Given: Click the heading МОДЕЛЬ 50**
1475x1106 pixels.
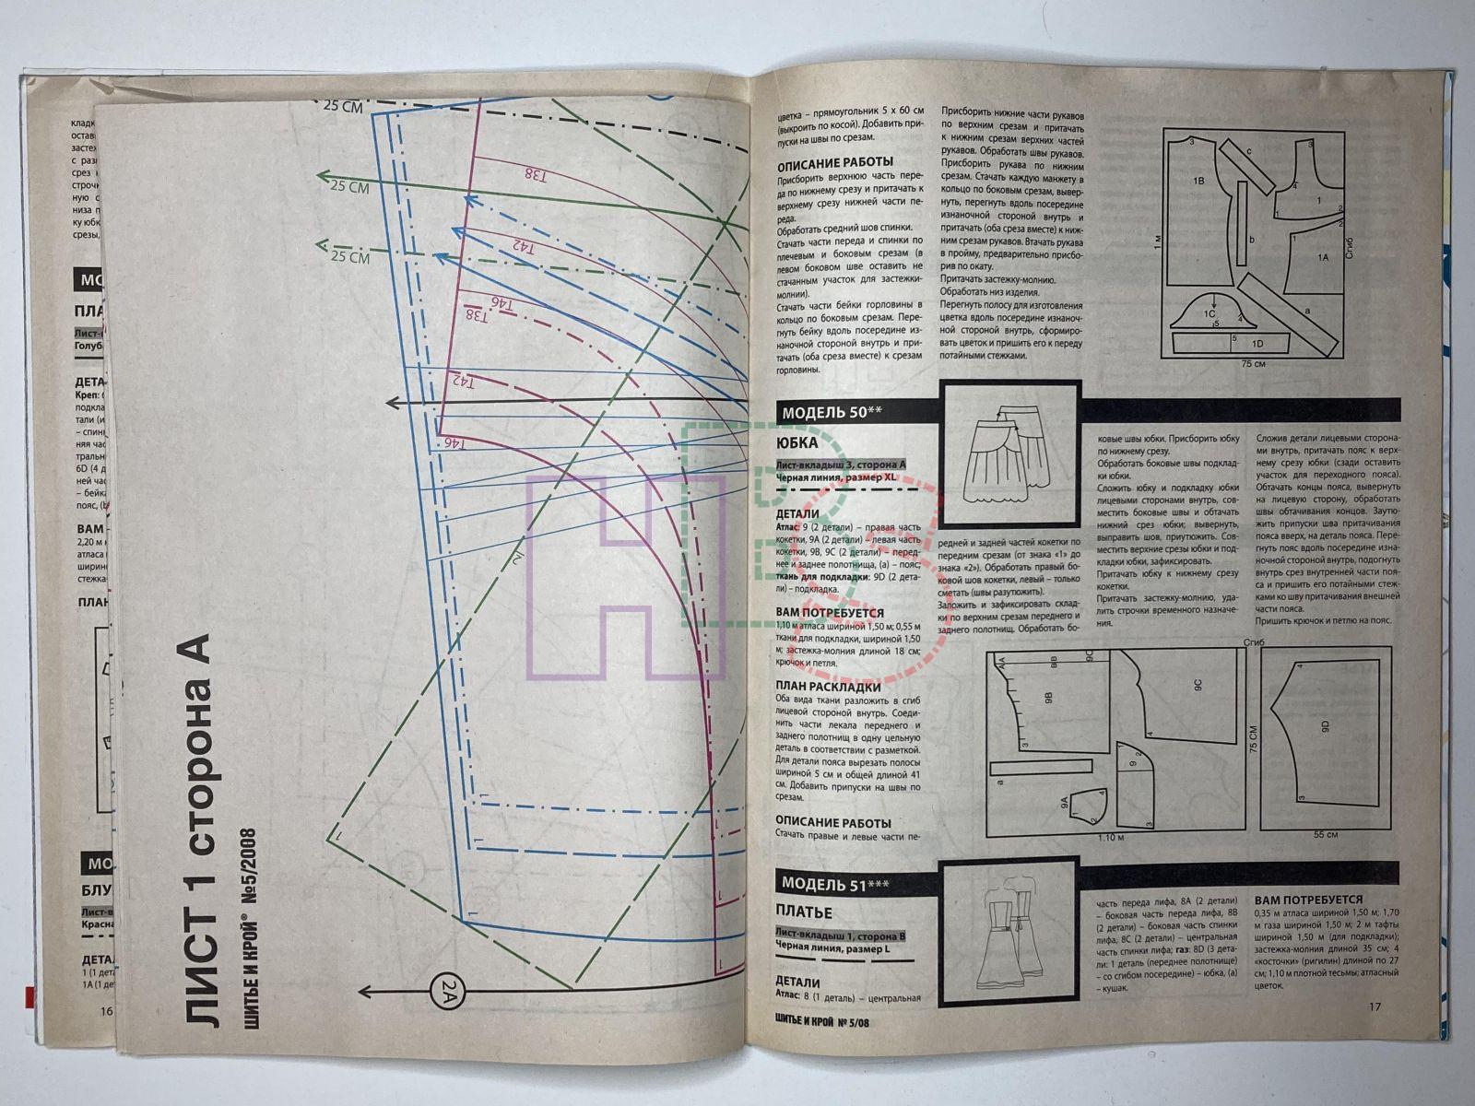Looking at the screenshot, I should tap(824, 413).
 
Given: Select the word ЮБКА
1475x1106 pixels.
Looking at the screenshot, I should tap(798, 442).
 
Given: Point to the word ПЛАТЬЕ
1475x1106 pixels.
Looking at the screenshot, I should tap(804, 912).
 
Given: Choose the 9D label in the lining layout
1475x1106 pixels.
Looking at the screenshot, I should tap(1326, 727).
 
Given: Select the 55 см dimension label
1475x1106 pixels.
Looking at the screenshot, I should tap(1325, 833).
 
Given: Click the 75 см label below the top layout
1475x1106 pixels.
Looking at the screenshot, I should tap(1251, 365).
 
